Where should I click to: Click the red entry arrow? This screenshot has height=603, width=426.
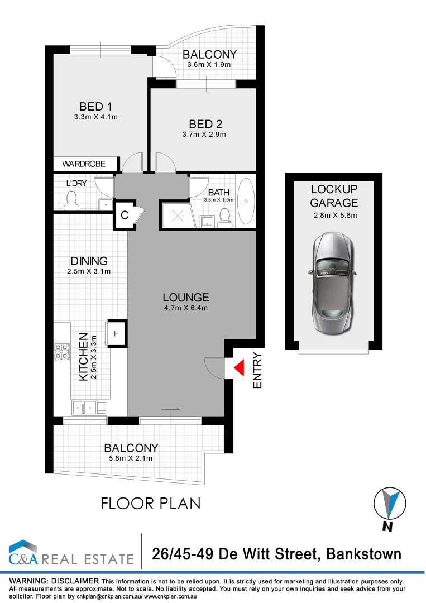click(239, 368)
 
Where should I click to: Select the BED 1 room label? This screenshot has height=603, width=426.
click(92, 106)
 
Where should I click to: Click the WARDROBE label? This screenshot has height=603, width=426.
click(84, 164)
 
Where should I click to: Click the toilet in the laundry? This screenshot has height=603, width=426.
click(71, 200)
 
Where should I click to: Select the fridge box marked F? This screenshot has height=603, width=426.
click(116, 333)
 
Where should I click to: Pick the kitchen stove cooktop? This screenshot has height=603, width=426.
click(61, 351)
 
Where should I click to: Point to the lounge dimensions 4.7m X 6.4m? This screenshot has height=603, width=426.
click(185, 308)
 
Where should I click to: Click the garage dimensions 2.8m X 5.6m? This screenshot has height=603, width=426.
click(334, 216)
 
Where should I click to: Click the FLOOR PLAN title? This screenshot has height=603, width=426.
click(150, 503)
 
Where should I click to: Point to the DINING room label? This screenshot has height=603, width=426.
click(89, 261)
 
